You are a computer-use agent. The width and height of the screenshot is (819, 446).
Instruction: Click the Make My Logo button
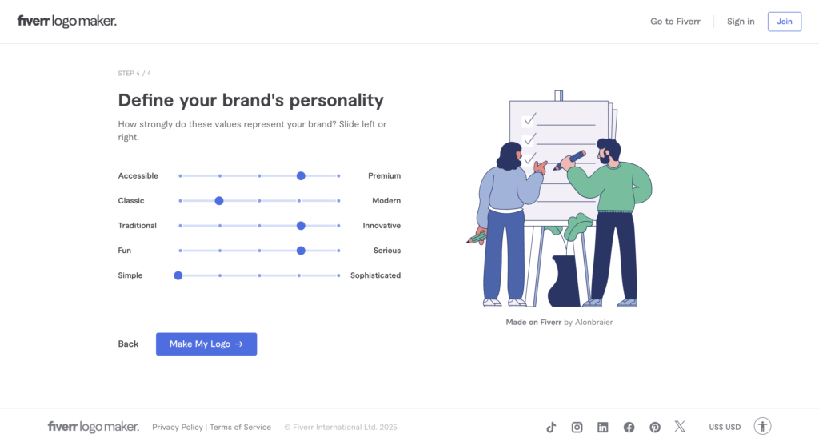point(206,344)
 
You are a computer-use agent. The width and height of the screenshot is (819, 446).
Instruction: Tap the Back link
point(128,344)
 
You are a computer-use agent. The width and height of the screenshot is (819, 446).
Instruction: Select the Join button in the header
point(785,22)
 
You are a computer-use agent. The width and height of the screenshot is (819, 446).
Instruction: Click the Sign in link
point(741,22)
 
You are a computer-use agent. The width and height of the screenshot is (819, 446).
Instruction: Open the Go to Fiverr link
point(675,22)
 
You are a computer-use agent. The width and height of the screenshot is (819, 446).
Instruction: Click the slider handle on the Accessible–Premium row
point(301,175)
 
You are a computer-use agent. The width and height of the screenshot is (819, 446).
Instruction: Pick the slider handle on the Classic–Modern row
point(219,201)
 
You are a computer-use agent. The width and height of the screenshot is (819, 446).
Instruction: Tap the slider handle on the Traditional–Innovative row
point(301,226)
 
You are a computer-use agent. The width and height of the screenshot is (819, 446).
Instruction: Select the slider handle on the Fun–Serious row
point(301,251)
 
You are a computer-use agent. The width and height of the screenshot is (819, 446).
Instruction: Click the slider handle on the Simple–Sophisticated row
point(178,275)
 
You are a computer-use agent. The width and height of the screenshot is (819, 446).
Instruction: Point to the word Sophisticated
point(376,275)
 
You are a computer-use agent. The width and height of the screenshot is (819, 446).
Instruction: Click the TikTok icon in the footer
point(551,427)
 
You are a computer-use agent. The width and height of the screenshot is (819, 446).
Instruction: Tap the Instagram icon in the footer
point(577,427)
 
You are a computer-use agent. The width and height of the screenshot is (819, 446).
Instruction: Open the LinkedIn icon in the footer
point(603,427)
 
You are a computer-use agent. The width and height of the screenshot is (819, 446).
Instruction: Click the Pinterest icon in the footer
point(655,427)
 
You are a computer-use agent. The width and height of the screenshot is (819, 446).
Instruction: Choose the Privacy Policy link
point(178,427)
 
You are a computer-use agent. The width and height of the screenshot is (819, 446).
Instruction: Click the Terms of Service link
point(240,427)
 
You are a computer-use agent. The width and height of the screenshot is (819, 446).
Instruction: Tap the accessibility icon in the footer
point(762,426)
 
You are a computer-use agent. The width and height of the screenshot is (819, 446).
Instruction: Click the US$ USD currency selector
point(725,427)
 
